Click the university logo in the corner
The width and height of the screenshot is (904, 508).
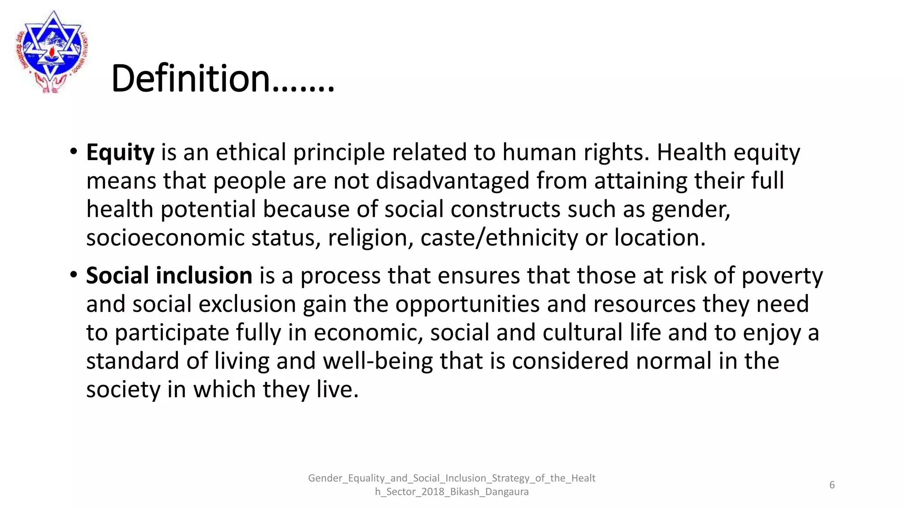click(x=52, y=51)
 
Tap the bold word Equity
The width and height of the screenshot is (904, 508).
click(x=120, y=153)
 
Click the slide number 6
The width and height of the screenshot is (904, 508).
click(x=832, y=485)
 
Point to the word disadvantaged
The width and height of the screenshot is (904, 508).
click(x=452, y=181)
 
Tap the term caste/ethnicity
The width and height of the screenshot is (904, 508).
click(x=499, y=238)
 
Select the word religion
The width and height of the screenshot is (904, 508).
click(x=370, y=238)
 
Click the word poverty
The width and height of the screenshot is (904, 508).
click(x=782, y=276)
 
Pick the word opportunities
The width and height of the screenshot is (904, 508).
click(x=467, y=304)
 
